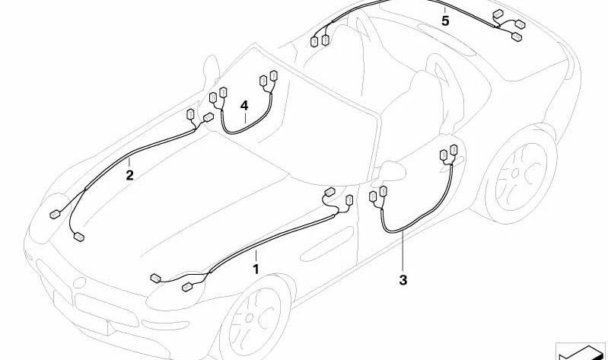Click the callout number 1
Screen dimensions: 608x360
point(256,269)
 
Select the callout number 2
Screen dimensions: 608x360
point(129,175)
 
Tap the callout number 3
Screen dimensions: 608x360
point(403,279)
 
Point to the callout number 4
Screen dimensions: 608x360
point(244,106)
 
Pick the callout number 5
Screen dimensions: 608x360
point(445,21)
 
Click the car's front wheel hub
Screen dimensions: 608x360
point(250,318)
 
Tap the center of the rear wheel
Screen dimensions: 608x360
point(516,174)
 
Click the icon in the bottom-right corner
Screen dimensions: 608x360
point(581,352)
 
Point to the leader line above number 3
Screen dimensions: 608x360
point(403,251)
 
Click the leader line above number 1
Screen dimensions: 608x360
point(256,256)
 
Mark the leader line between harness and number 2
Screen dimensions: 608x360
point(129,163)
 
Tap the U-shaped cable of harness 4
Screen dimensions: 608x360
point(246,120)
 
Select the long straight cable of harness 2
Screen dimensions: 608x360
point(138,158)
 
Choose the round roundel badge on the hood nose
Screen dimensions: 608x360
point(79,282)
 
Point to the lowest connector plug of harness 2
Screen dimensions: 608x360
point(79,237)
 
